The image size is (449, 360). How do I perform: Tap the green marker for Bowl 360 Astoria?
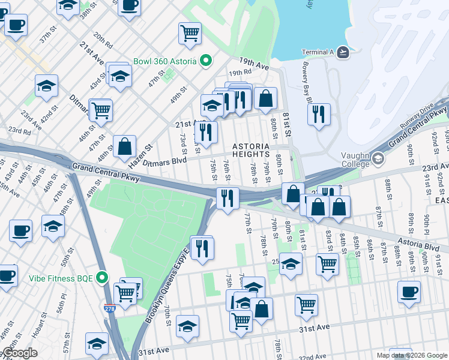[x=206, y=61]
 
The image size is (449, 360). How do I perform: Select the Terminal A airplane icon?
[x=343, y=52]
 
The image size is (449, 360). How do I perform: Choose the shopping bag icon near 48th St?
[x=124, y=146]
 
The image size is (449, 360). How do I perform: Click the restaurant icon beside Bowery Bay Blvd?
[x=319, y=114]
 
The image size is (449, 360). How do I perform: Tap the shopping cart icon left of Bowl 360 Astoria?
[x=190, y=34]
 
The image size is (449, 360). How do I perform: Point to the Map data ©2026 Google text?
[x=411, y=355]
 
